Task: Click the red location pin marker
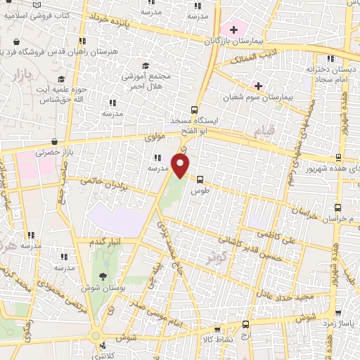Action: tap(181, 165)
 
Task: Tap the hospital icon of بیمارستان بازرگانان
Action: tap(233, 30)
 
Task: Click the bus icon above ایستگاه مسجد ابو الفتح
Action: tap(195, 109)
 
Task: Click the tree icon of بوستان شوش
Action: tap(103, 276)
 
